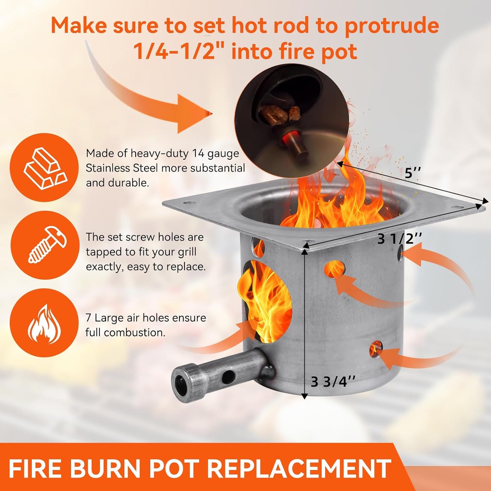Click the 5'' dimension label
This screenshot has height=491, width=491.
tap(412, 174)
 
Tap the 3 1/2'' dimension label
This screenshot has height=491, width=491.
tap(399, 239)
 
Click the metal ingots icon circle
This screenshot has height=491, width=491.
tap(45, 168)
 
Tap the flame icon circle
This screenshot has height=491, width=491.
tap(45, 322)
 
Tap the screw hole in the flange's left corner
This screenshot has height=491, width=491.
tap(188, 204)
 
